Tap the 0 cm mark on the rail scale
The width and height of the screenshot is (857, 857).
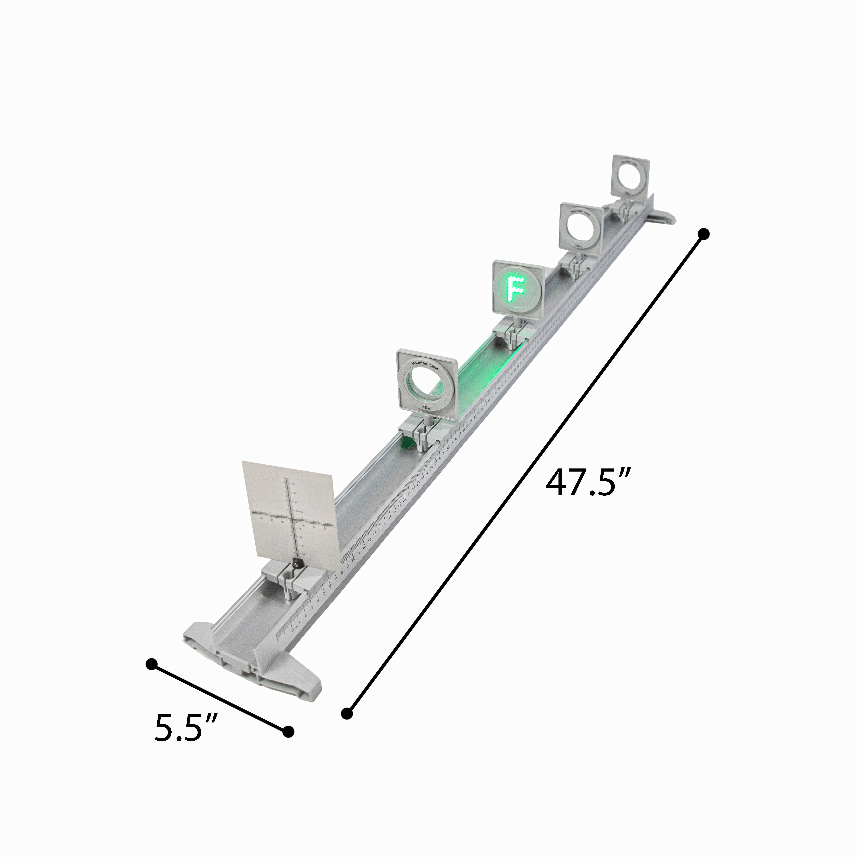293,629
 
